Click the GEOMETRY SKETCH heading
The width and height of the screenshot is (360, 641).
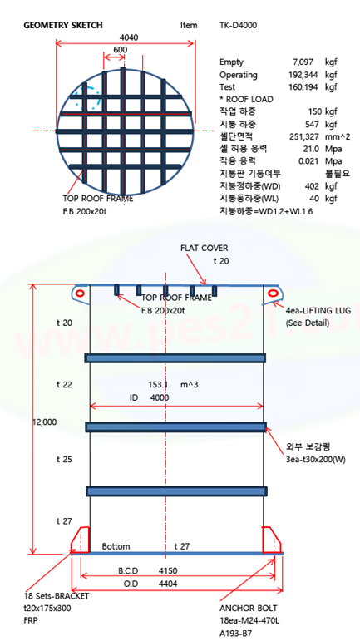click(63, 26)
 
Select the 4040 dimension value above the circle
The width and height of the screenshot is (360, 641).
click(129, 37)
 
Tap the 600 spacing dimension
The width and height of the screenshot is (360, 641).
click(120, 49)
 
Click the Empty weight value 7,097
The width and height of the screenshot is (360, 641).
click(303, 62)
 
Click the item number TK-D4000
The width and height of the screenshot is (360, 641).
click(239, 25)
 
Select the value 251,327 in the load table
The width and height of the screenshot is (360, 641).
click(302, 136)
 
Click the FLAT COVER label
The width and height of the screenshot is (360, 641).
click(205, 248)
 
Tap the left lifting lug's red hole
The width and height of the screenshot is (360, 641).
click(80, 293)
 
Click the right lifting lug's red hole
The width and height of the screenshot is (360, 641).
click(273, 293)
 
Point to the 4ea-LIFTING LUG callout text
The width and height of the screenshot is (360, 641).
click(318, 310)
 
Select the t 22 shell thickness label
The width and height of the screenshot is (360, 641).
click(64, 384)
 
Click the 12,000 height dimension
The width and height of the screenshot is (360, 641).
click(45, 422)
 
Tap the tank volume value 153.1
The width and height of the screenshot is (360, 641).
click(158, 384)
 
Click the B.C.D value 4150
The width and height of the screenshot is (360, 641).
click(168, 570)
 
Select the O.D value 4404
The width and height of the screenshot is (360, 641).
click(168, 584)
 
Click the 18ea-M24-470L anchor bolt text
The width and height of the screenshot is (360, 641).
click(249, 621)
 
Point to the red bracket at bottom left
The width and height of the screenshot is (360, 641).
click(80, 540)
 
